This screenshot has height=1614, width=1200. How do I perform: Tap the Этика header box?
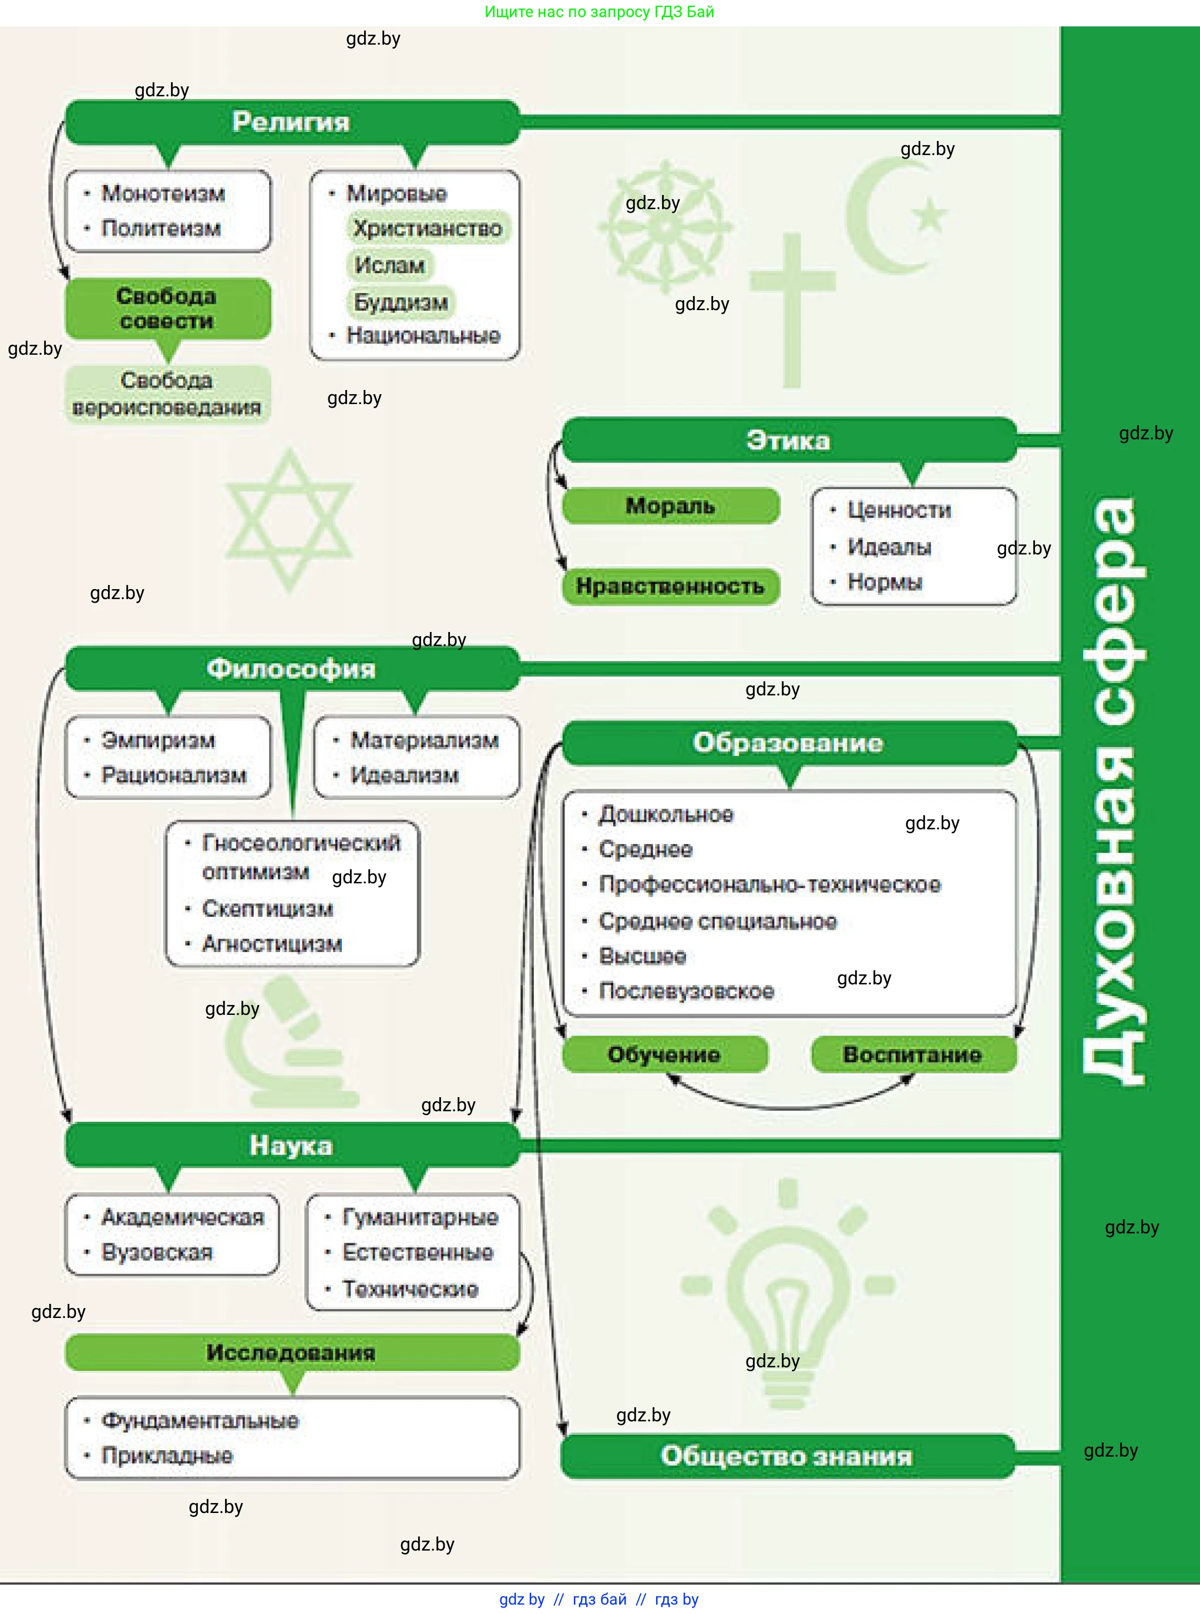point(788,440)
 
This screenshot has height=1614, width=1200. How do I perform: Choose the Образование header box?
point(788,742)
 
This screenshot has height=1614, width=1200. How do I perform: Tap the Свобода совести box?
point(167,308)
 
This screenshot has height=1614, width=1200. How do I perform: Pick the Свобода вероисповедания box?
point(167,394)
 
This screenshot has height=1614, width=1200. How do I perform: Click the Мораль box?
point(670,506)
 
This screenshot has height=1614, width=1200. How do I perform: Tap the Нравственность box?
point(670,586)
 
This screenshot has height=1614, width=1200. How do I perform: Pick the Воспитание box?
point(912,1054)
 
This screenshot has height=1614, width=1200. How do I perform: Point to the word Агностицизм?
point(272,944)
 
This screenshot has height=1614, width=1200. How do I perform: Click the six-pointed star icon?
point(289,520)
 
